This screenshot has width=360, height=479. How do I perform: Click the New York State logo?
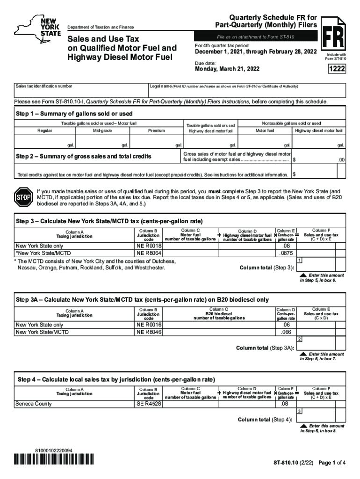click(37, 28)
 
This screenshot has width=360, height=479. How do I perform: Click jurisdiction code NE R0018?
click(149, 246)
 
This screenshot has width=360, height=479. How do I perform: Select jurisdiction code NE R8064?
click(149, 253)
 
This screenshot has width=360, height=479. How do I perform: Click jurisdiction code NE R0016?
click(149, 325)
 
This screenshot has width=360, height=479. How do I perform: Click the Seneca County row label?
click(34, 403)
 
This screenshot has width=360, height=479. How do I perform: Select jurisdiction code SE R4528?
click(149, 403)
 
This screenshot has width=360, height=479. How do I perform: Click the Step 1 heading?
click(74, 114)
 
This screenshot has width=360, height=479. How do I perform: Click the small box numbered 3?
click(299, 411)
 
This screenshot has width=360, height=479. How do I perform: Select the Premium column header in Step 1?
click(156, 131)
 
